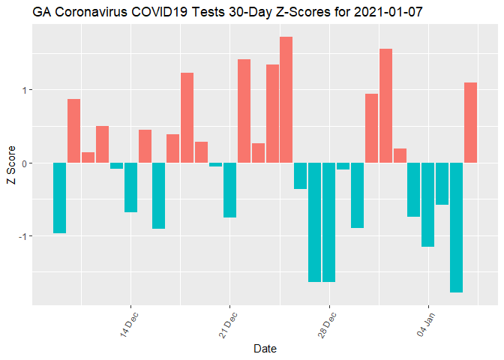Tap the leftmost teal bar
[x=59, y=198]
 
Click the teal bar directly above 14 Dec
[x=130, y=187]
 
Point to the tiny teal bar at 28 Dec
[x=343, y=166]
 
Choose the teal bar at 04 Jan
[x=427, y=204]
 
